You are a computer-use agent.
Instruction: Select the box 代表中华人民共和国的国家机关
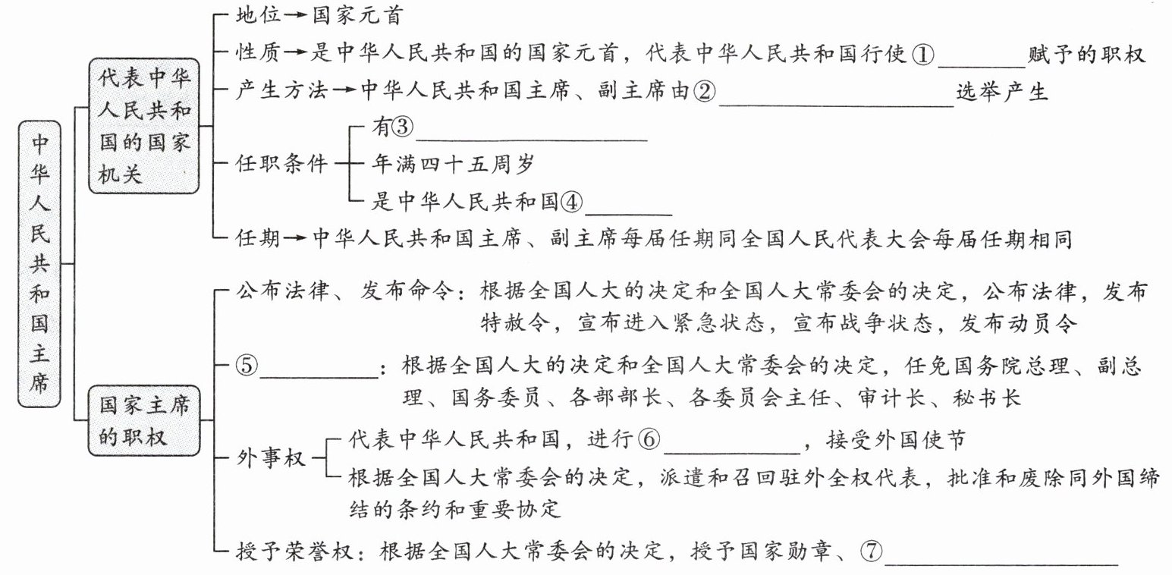pyautogui.click(x=145, y=126)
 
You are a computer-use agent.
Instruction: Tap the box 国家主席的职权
pyautogui.click(x=145, y=419)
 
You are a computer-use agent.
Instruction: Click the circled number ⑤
pyautogui.click(x=248, y=366)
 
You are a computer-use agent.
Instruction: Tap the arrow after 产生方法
pyautogui.click(x=343, y=93)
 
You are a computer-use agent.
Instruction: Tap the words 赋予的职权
pyautogui.click(x=1086, y=55)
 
